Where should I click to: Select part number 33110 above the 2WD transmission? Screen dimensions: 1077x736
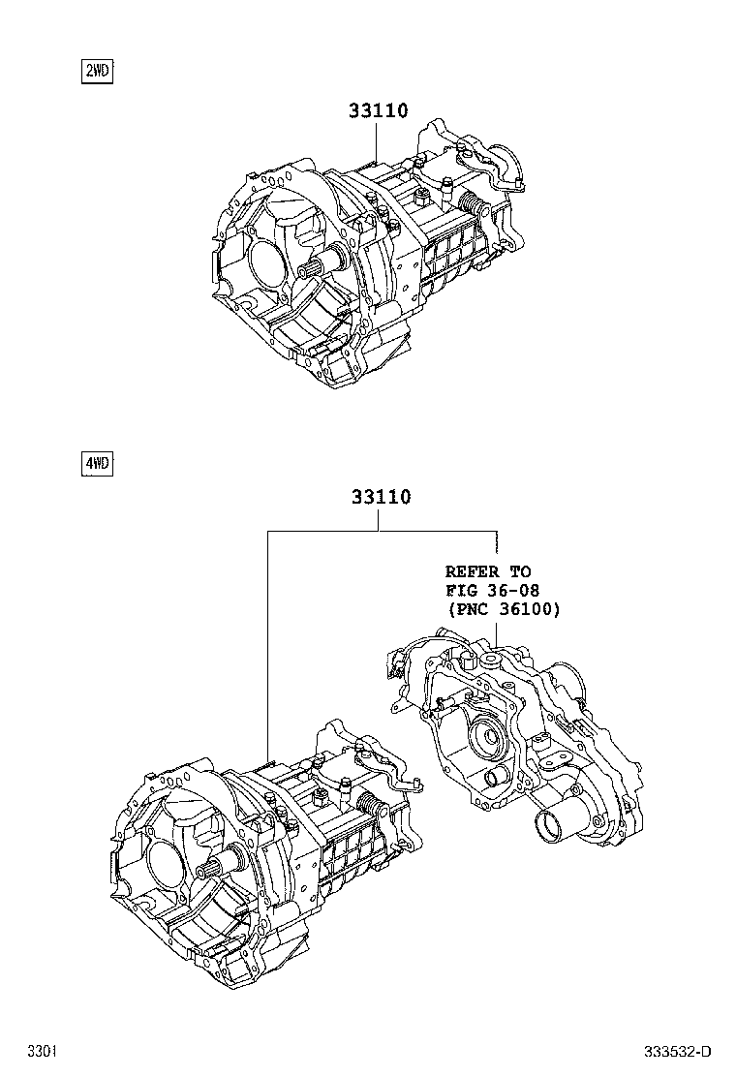(379, 111)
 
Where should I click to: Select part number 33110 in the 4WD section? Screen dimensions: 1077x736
(381, 498)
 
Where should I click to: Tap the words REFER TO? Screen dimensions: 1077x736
(488, 572)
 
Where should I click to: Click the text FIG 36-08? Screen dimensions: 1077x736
(493, 591)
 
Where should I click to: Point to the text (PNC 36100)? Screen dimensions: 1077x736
(504, 609)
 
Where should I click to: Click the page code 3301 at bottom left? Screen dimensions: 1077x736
(40, 1051)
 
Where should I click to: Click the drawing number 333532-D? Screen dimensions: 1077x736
(679, 1051)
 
